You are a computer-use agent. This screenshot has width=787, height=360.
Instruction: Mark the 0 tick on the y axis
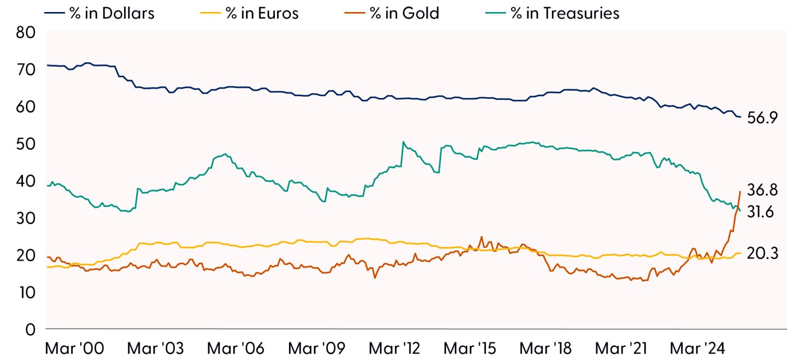tap(31, 329)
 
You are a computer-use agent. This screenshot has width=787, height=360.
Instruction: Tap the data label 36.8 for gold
tap(762, 191)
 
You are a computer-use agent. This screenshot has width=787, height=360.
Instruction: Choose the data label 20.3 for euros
tap(762, 253)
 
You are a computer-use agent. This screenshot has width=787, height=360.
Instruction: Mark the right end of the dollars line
tap(741, 117)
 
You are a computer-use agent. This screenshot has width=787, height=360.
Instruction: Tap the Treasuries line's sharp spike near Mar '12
tap(403, 142)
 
